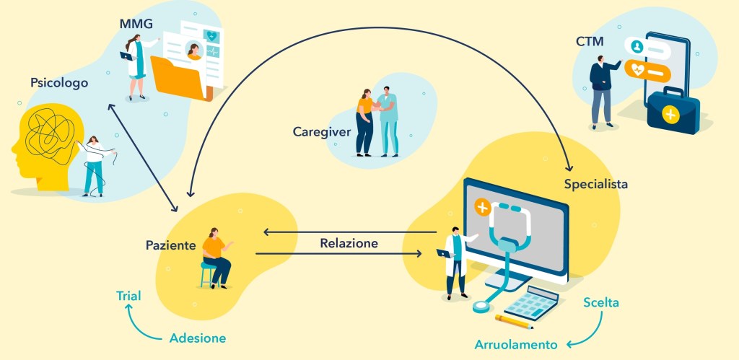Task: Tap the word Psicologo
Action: (x=59, y=83)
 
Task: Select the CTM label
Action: (x=589, y=42)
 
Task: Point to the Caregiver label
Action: (x=322, y=132)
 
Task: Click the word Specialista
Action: (x=595, y=184)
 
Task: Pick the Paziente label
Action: (x=170, y=245)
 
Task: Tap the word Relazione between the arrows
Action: (x=349, y=244)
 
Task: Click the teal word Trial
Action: (x=128, y=296)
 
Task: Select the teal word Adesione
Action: (x=198, y=338)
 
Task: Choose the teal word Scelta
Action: (x=601, y=302)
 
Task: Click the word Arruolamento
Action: (x=516, y=344)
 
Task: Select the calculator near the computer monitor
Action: (x=531, y=303)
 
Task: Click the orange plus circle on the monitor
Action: (x=482, y=208)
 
